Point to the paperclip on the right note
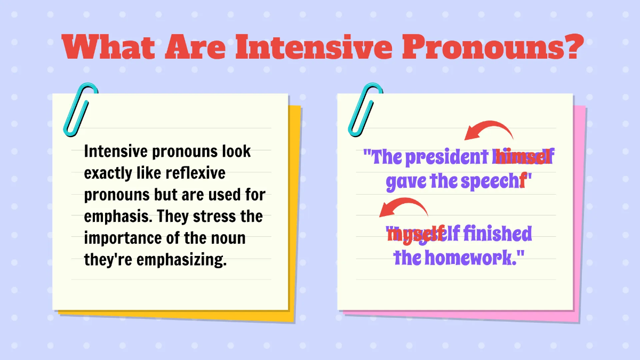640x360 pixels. (364, 109)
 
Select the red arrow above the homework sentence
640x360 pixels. (404, 208)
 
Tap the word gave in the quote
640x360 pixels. (403, 182)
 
